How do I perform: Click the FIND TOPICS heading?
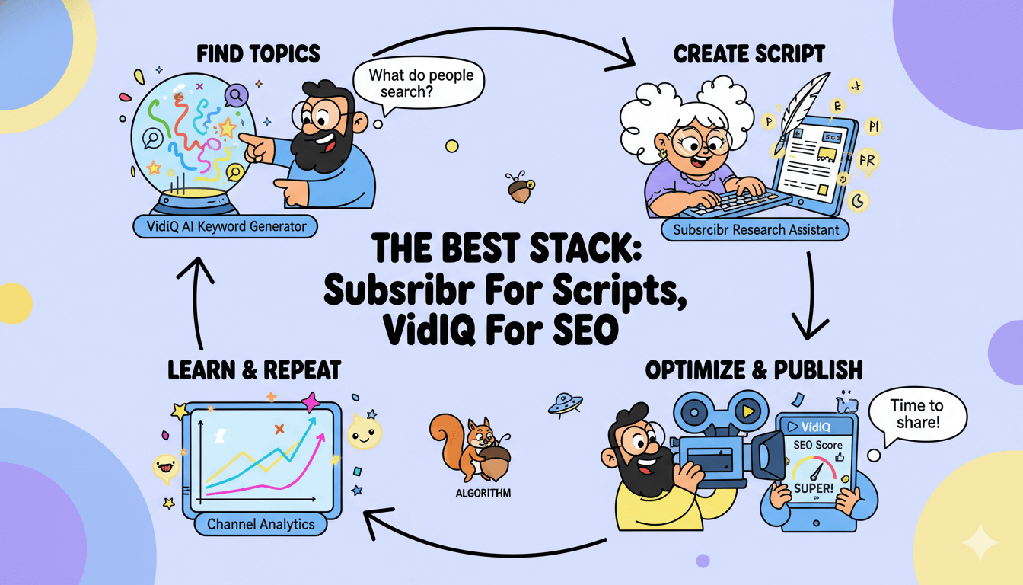click(x=258, y=54)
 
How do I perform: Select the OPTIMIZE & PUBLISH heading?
click(x=754, y=370)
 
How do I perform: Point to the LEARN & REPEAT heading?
click(x=253, y=371)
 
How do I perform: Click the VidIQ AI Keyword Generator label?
click(x=224, y=226)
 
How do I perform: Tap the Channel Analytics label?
click(x=260, y=524)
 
